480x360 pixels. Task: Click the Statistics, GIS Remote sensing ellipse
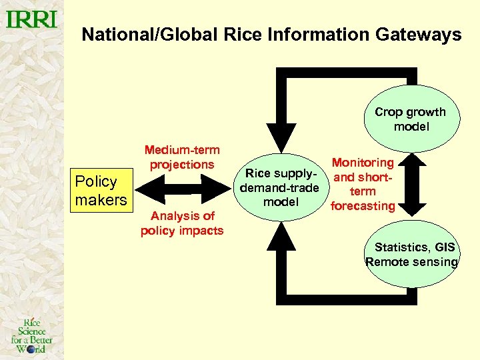(x=411, y=255)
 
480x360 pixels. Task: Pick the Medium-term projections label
(x=182, y=157)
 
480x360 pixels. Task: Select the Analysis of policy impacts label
(x=182, y=223)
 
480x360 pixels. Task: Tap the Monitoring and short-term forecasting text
(x=363, y=184)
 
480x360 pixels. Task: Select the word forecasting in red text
(x=363, y=206)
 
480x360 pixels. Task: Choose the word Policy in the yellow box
(x=96, y=181)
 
